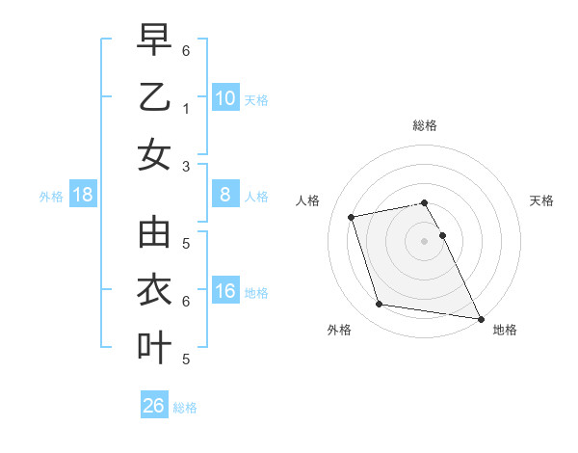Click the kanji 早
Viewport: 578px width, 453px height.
click(x=154, y=41)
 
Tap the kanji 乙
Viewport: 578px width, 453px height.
click(x=154, y=97)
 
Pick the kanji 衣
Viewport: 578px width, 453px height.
click(x=154, y=290)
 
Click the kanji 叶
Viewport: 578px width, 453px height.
click(x=154, y=347)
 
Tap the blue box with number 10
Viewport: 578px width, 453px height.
click(x=225, y=97)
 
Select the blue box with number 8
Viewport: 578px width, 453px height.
click(x=225, y=196)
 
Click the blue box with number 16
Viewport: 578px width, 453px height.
click(x=225, y=291)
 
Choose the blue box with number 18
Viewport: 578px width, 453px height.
click(x=83, y=196)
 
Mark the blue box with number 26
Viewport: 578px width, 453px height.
click(x=154, y=406)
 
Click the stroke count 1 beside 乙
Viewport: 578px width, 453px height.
click(x=185, y=109)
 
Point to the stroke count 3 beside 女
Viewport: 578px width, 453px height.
click(x=185, y=166)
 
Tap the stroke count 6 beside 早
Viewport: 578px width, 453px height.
click(x=185, y=50)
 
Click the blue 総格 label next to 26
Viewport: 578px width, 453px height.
click(x=185, y=408)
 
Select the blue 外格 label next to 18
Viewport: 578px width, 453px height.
click(x=51, y=197)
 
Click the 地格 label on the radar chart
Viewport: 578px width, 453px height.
click(x=505, y=330)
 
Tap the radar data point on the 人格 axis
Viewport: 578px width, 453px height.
click(x=352, y=216)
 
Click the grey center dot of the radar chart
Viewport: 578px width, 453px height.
click(x=424, y=240)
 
